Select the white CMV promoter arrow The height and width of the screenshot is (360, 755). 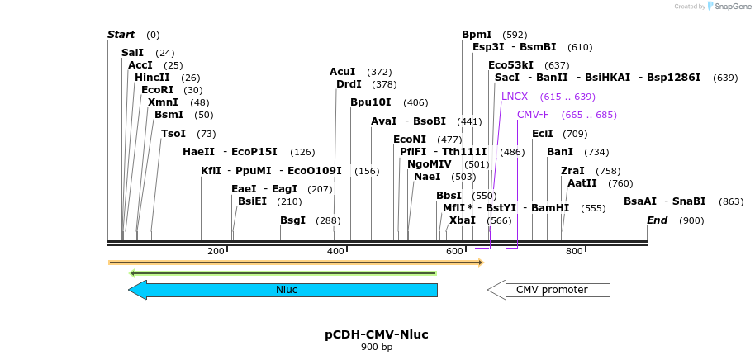pyautogui.click(x=550, y=290)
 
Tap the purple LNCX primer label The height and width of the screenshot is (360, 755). pyautogui.click(x=514, y=97)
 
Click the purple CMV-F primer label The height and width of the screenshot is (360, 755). pyautogui.click(x=533, y=115)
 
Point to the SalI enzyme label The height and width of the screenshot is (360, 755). pyautogui.click(x=132, y=53)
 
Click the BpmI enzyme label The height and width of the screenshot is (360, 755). pyautogui.click(x=477, y=35)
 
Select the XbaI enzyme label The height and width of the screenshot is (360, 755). pyautogui.click(x=462, y=220)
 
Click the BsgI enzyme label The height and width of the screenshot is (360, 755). pyautogui.click(x=292, y=220)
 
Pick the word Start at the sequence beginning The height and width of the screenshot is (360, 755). pyautogui.click(x=121, y=35)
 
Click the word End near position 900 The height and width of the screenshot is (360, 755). pyautogui.click(x=657, y=220)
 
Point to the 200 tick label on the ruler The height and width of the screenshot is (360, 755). pyautogui.click(x=216, y=251)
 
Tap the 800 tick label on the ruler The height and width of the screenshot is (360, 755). pyautogui.click(x=574, y=251)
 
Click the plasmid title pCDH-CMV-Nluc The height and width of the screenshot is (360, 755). pyautogui.click(x=377, y=334)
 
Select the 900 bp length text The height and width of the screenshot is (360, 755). pyautogui.click(x=377, y=348)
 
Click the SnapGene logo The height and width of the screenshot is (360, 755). pyautogui.click(x=726, y=7)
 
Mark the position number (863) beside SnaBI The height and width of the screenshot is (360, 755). pyautogui.click(x=731, y=201)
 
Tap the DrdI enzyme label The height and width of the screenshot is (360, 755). pyautogui.click(x=349, y=84)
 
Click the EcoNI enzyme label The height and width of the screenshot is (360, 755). pyautogui.click(x=410, y=140)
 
